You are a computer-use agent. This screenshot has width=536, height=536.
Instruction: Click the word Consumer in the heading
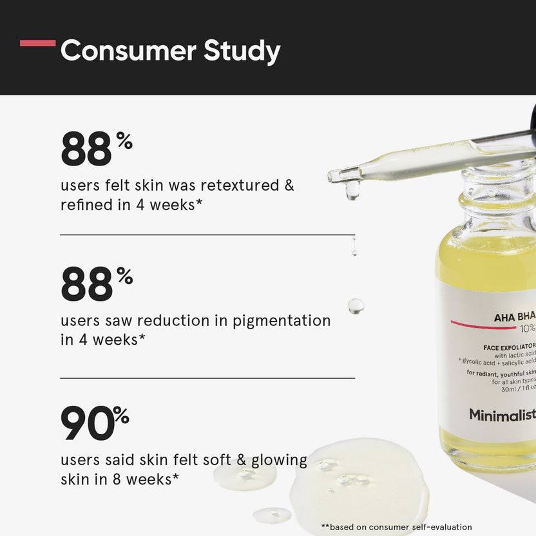tap(128, 51)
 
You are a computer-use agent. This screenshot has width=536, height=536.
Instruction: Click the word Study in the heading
tap(242, 52)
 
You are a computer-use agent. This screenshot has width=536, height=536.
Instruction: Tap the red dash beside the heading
tap(37, 43)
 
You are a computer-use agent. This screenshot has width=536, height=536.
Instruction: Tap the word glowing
tap(279, 460)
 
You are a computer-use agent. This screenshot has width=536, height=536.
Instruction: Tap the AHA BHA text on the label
tap(514, 316)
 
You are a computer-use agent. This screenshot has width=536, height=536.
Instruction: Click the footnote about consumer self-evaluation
tap(396, 527)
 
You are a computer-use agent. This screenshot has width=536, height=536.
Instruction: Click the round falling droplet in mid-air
tap(356, 306)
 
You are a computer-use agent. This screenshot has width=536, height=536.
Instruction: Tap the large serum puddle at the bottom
tap(361, 483)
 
